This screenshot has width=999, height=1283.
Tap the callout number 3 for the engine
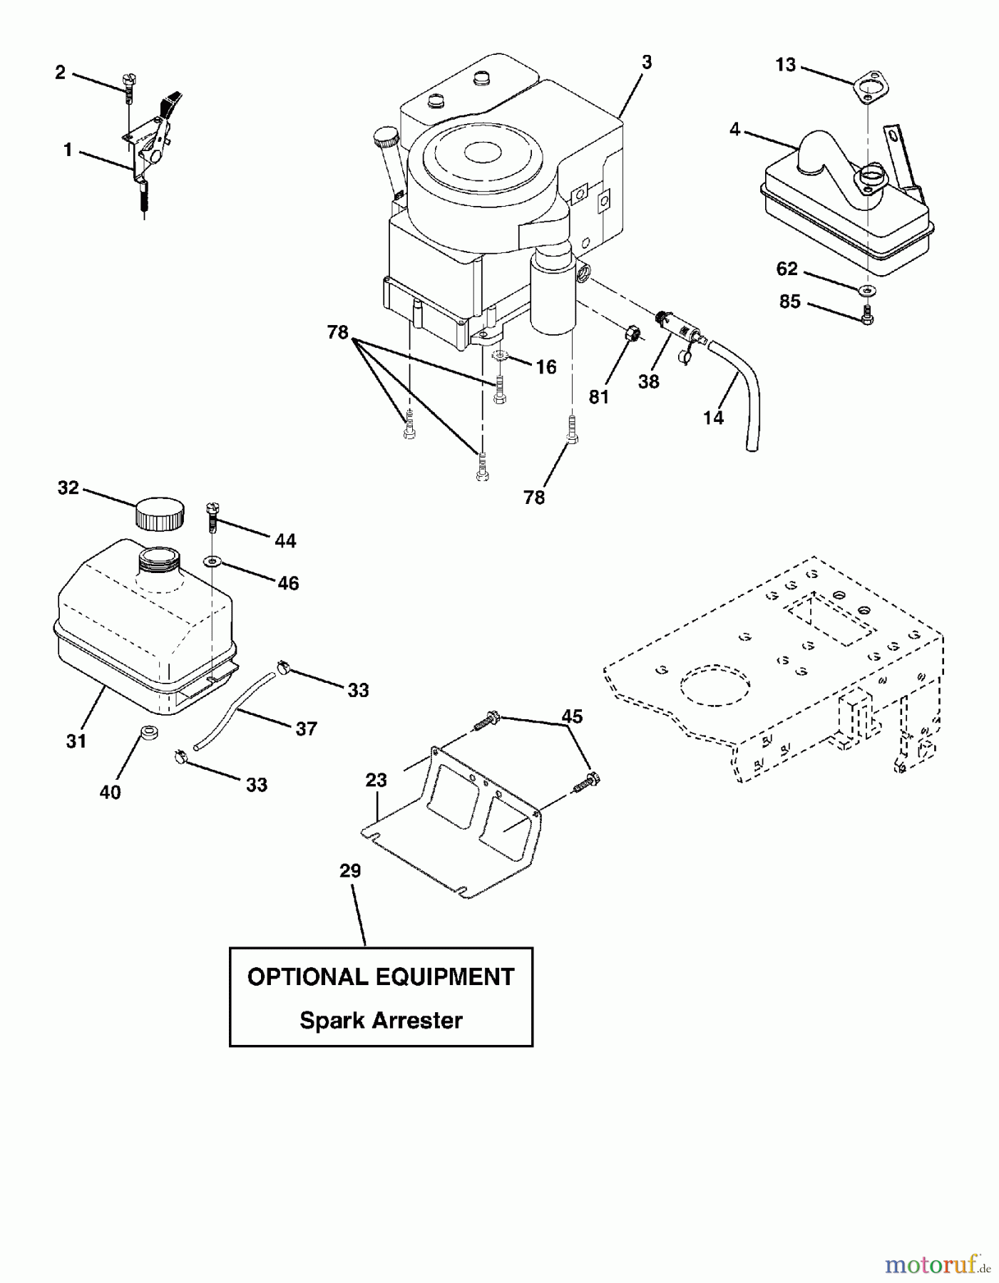pos(646,63)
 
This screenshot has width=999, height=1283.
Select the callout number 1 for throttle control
pos(68,150)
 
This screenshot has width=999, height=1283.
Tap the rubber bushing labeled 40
pos(148,732)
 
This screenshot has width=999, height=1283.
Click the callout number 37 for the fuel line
pos(306,728)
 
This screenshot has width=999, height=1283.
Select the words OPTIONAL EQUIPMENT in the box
pos(381,977)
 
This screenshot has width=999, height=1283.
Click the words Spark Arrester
pos(381,1020)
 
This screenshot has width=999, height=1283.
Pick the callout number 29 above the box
pos(350,871)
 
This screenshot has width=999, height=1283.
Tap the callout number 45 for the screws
pos(572,716)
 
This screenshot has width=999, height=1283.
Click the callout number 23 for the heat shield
pos(376,780)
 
